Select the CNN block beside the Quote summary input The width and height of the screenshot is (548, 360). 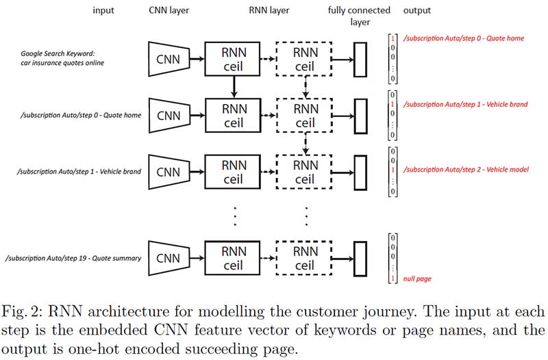tap(169, 259)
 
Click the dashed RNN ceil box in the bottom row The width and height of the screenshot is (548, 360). tap(304, 259)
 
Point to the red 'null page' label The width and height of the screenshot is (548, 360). tap(417, 279)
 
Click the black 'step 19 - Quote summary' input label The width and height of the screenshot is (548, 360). tap(73, 259)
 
